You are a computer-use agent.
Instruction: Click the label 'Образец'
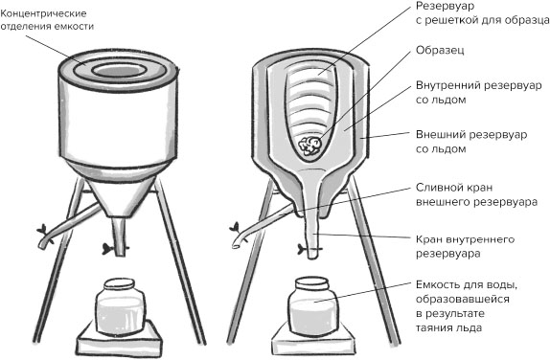click(x=440, y=51)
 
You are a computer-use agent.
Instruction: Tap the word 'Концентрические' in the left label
click(x=43, y=13)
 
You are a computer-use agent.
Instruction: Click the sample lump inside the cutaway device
click(x=309, y=146)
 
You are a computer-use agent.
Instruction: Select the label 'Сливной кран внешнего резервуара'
click(x=476, y=195)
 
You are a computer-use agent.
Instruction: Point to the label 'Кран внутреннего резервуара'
click(x=465, y=246)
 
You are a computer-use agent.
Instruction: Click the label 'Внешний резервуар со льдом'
click(x=471, y=142)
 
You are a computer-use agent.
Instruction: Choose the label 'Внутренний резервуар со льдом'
click(x=479, y=92)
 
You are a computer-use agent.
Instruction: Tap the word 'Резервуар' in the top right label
click(x=445, y=6)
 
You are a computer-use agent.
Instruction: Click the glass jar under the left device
click(x=120, y=307)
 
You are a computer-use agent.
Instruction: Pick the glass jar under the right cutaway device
click(x=311, y=305)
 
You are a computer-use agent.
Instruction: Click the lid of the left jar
click(x=119, y=283)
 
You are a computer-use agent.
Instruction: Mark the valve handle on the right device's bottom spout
click(x=303, y=249)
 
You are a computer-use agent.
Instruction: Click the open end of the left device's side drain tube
click(x=42, y=246)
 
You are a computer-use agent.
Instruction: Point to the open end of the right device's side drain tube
click(x=236, y=245)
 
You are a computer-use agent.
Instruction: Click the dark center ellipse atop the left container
click(x=119, y=71)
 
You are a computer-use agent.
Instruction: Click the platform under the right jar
click(x=312, y=338)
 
